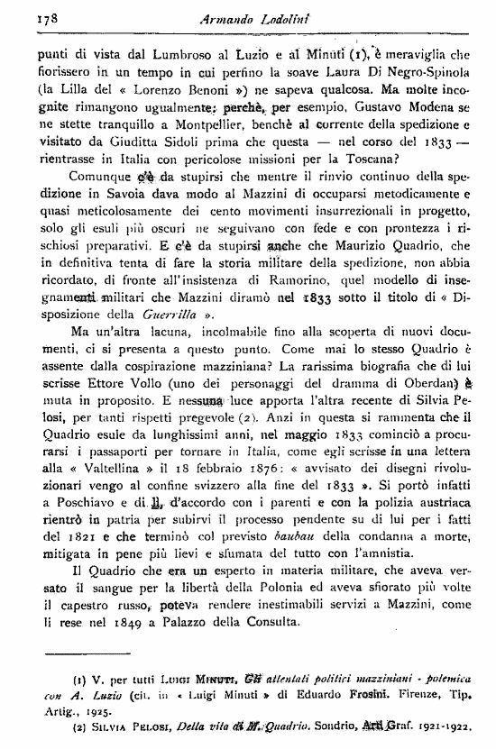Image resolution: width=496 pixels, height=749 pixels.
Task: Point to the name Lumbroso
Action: (176, 52)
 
